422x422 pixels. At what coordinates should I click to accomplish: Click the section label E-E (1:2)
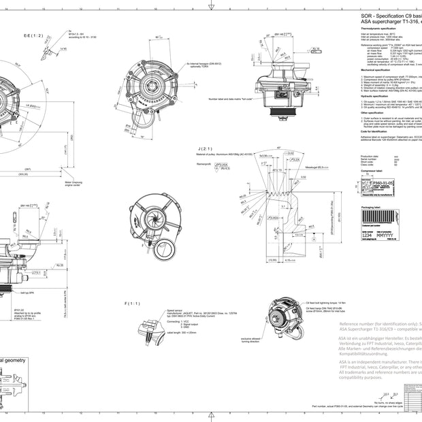point(33,35)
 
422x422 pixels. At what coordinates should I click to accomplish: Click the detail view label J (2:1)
point(203,148)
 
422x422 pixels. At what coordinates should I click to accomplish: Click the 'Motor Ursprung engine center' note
point(74,183)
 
